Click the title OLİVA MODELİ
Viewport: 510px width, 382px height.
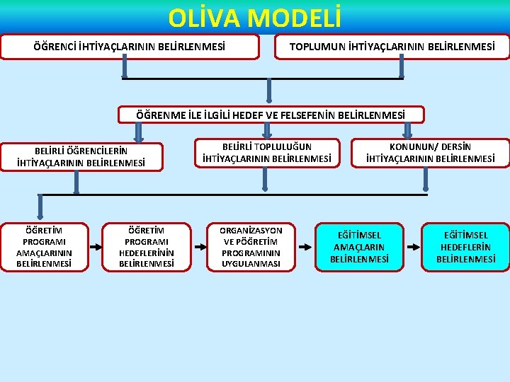pos(255,17)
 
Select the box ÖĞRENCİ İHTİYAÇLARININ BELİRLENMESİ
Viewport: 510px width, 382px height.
pos(130,47)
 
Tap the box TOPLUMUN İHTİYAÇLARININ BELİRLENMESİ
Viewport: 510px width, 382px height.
pos(391,47)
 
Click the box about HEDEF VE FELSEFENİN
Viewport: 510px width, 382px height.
pos(271,114)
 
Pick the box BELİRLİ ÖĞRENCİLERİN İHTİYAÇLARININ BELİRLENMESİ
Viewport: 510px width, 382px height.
pos(81,156)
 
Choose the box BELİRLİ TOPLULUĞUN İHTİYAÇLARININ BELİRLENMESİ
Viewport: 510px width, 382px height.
pos(266,153)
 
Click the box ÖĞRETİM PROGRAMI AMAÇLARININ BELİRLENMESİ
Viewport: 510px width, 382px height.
pos(44,247)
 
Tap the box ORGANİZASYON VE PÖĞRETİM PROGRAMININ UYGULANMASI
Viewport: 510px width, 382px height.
pos(251,247)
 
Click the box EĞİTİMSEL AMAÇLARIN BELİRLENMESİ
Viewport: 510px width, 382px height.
pos(359,247)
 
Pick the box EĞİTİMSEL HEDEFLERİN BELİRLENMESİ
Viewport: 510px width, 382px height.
pos(465,247)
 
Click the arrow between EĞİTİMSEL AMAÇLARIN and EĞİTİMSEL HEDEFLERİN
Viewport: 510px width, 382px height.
pos(412,247)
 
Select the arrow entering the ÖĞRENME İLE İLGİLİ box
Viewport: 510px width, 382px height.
pos(268,91)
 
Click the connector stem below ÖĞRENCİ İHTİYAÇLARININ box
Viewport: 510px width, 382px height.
pos(125,67)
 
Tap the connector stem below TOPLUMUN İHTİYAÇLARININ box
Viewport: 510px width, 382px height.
pos(402,67)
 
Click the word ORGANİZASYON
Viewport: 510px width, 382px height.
pos(251,231)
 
